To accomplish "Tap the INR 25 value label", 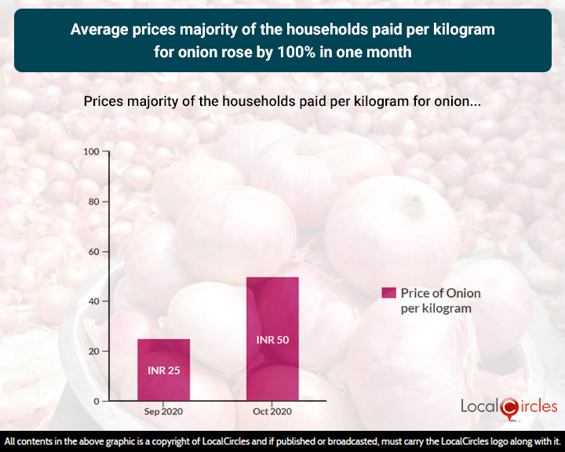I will (163, 370).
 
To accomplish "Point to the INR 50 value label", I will (272, 340).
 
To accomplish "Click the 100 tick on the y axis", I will (91, 151).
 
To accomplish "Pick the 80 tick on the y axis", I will (94, 202).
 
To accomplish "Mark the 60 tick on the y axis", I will (94, 252).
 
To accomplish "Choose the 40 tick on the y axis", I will (94, 301).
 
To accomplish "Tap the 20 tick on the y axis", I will (94, 352).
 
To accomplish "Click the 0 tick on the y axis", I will (97, 401).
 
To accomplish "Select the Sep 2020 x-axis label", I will (163, 412).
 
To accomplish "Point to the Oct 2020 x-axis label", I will (272, 412).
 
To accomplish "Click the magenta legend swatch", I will (388, 293).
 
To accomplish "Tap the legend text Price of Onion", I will (440, 293).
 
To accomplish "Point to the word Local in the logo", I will (479, 406).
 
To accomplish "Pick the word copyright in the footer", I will (189, 443).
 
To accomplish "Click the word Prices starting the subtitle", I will (102, 102).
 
